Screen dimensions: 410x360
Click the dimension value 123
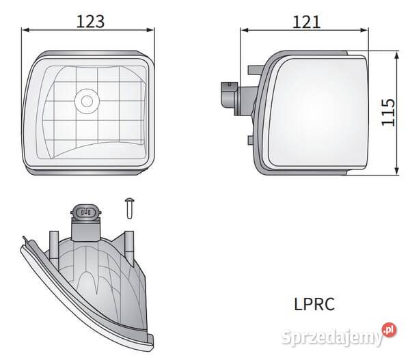click(90, 21)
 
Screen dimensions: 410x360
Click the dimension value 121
click(306, 22)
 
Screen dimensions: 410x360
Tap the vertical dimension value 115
click(388, 113)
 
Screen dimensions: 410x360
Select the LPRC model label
click(314, 304)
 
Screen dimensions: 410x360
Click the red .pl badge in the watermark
click(389, 330)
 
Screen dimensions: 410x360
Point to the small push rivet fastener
click(130, 208)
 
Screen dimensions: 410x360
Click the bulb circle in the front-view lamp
click(87, 101)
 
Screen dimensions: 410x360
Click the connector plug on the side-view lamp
click(230, 95)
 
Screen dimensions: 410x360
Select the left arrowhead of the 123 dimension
click(25, 30)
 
